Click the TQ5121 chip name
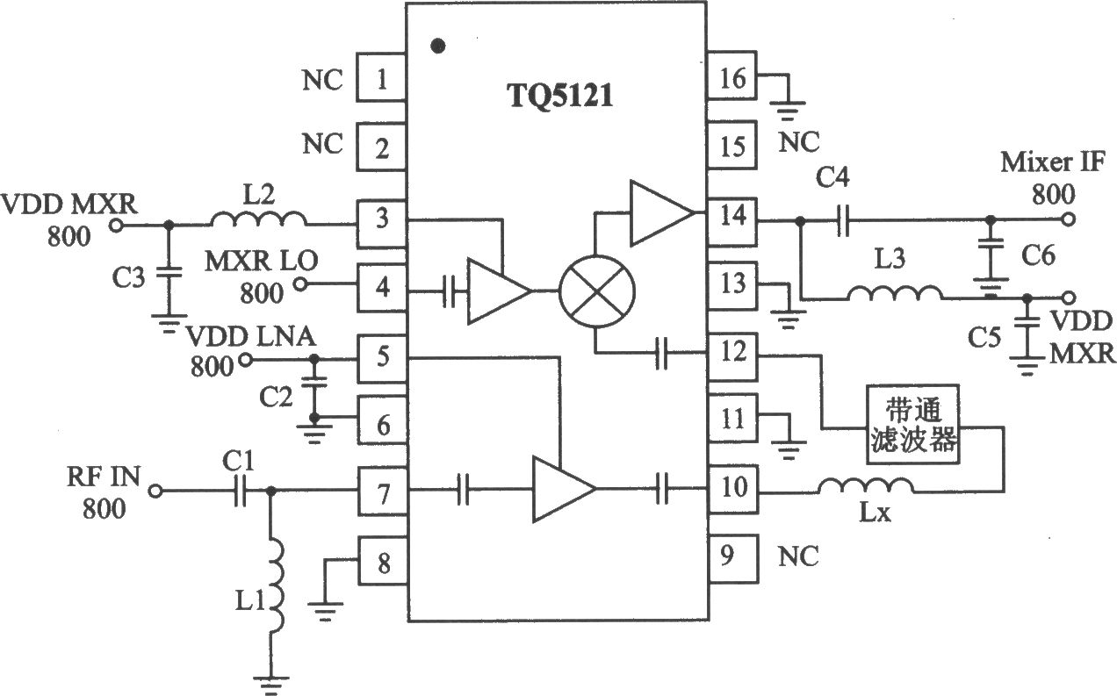pos(560,95)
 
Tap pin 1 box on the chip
pos(381,78)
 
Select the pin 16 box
pos(732,75)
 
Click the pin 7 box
pos(383,492)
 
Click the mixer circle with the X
pos(597,291)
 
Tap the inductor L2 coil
pos(259,219)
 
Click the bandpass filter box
pos(913,425)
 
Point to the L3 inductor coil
pos(896,293)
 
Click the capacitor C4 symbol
pos(842,220)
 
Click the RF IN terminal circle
pos(155,492)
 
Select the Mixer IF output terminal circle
pos(1068,219)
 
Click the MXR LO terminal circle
pos(299,284)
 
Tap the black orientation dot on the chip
pos(438,47)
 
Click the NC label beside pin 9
pos(798,556)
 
